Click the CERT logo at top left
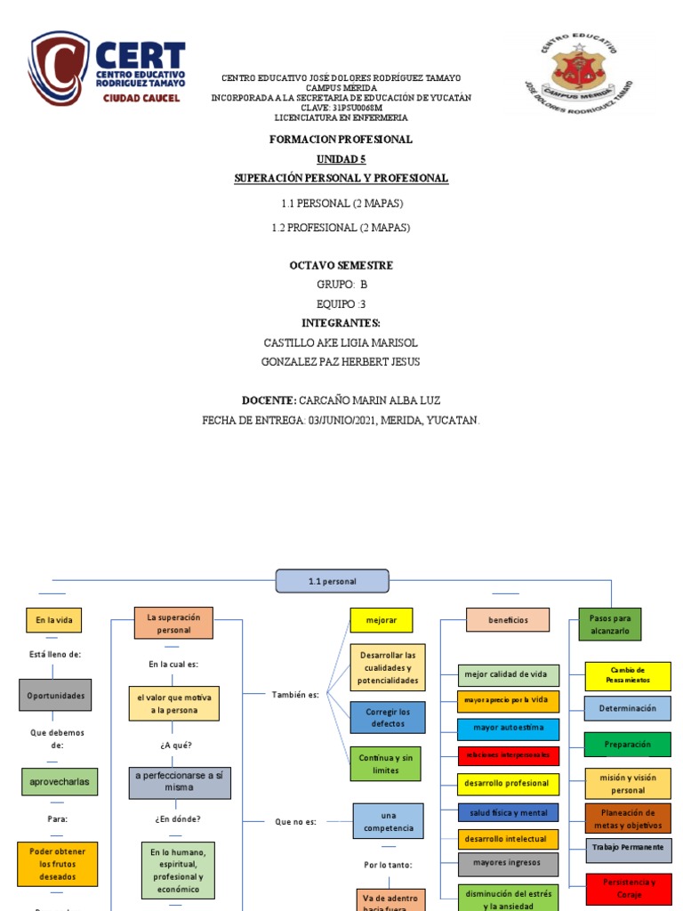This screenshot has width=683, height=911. click(107, 69)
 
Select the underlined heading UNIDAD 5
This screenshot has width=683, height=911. click(341, 159)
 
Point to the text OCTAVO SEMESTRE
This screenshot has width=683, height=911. click(341, 265)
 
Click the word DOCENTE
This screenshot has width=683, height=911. click(269, 400)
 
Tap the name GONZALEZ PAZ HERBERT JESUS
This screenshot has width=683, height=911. click(341, 361)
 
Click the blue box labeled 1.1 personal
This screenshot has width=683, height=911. click(332, 581)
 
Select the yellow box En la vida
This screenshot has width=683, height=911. click(53, 620)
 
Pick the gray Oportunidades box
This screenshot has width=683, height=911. click(55, 695)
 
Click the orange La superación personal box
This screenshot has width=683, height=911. click(173, 623)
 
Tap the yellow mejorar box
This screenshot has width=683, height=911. click(381, 619)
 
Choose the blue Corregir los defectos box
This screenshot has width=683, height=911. click(387, 717)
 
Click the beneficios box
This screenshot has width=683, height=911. click(507, 619)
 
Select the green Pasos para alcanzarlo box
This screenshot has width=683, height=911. click(609, 624)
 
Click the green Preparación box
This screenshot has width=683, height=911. click(628, 744)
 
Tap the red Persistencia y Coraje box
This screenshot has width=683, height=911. click(628, 888)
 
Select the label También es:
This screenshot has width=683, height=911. click(295, 693)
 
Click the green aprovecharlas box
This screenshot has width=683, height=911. click(59, 781)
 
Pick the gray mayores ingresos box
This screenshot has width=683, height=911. click(508, 863)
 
